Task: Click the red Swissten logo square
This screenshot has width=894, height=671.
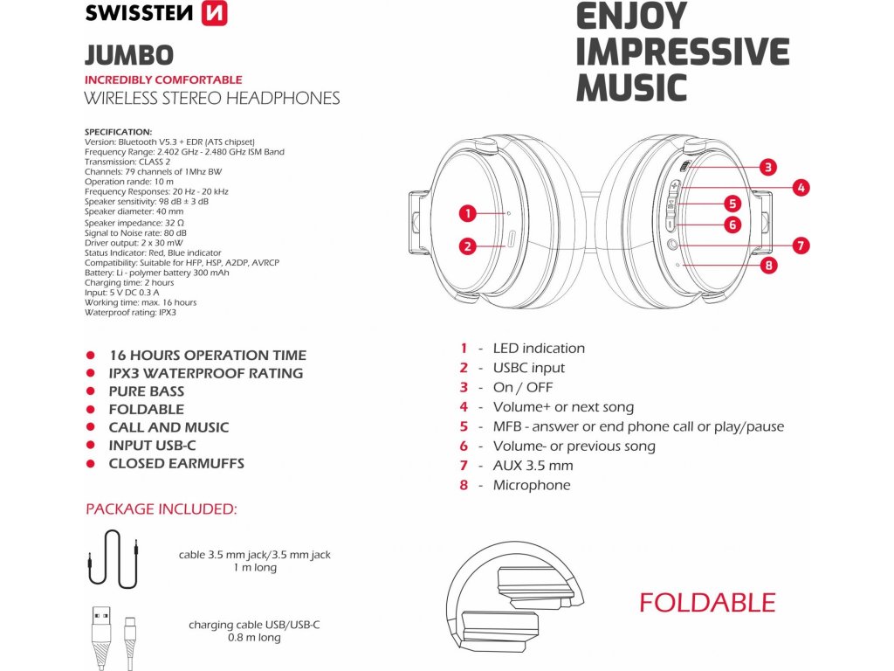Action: point(214,13)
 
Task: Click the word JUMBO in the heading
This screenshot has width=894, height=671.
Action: point(128,55)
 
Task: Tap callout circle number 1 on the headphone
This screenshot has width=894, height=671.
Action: point(468,212)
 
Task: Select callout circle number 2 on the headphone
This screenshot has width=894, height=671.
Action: point(468,246)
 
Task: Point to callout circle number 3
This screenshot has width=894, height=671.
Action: point(767,167)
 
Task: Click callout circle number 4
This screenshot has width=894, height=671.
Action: point(801,187)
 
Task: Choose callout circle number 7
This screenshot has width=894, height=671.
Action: point(801,246)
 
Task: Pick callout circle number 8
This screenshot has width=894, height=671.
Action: point(767,266)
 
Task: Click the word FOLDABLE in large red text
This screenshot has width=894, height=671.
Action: point(707,603)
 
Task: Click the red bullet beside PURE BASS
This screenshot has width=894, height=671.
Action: point(91,391)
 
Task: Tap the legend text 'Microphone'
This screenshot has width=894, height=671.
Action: point(532,485)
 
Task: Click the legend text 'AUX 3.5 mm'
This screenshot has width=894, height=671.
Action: point(533,466)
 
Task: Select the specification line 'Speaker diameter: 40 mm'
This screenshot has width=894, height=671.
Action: point(134,211)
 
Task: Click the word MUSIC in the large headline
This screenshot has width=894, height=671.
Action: point(631,87)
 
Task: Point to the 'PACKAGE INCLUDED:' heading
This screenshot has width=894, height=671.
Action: point(161,508)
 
